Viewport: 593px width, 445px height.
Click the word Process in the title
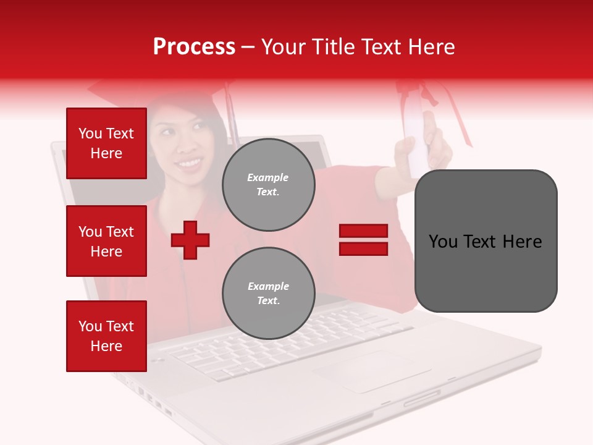click(x=194, y=47)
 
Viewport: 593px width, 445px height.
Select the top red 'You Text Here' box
click(x=106, y=143)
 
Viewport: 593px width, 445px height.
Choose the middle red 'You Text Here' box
click(x=106, y=241)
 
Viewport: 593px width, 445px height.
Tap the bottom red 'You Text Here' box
click(x=106, y=336)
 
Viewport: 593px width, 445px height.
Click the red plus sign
click(x=190, y=240)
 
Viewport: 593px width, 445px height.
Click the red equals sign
click(x=363, y=240)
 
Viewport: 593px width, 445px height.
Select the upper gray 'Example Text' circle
click(x=268, y=185)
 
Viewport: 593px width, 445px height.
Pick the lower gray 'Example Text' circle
click(x=268, y=294)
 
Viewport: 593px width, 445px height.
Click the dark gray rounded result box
click(x=486, y=241)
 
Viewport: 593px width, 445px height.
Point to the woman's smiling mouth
click(x=189, y=163)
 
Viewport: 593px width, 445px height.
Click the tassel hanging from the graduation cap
click(x=233, y=117)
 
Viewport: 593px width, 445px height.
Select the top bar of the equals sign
click(x=363, y=231)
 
